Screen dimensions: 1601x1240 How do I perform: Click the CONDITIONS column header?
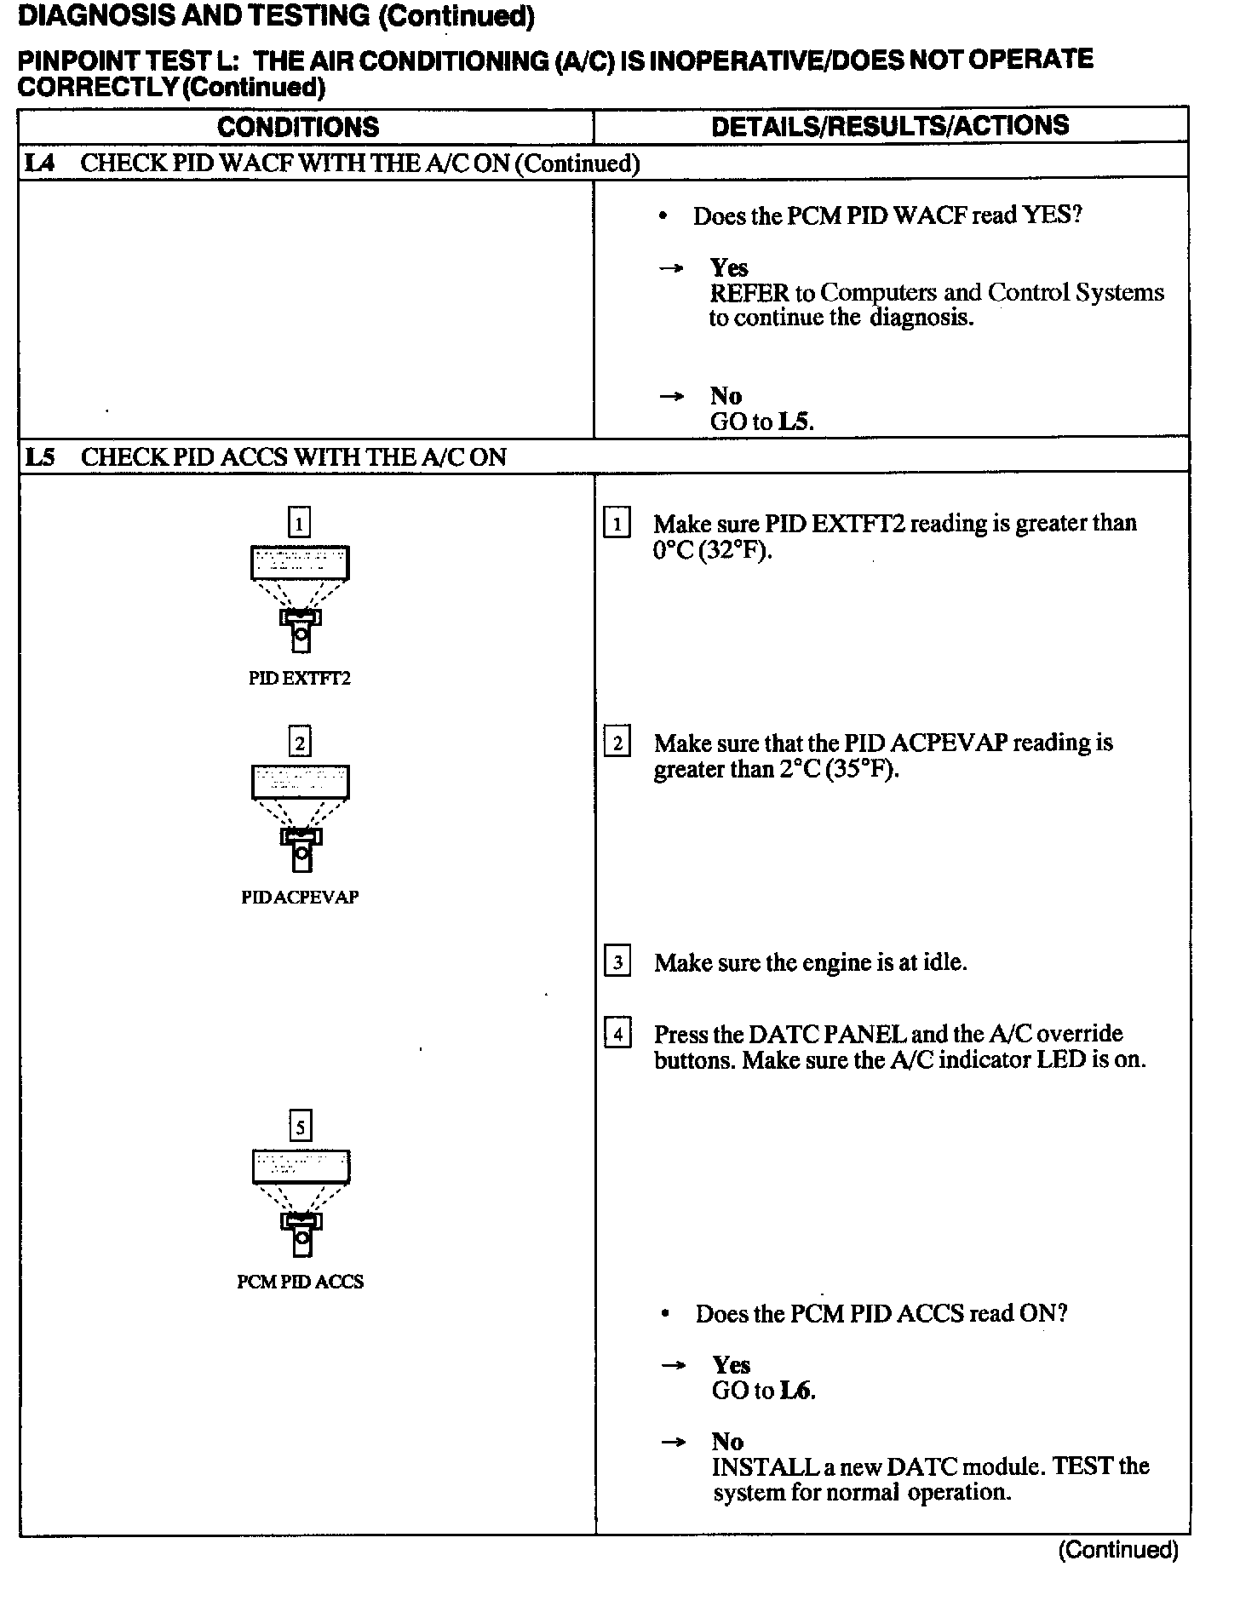pos(298,127)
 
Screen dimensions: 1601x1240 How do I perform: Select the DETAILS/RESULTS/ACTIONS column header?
pos(890,126)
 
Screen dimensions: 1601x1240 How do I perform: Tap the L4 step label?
pos(39,163)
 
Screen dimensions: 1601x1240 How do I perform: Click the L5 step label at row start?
pos(40,457)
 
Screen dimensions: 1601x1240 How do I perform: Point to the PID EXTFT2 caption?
pos(300,679)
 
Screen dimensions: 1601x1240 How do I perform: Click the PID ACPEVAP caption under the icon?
pos(300,898)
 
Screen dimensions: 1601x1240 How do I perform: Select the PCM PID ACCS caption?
pos(300,1282)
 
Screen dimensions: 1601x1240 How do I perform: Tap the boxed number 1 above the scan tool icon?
pos(300,522)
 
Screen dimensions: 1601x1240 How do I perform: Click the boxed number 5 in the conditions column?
pos(300,1127)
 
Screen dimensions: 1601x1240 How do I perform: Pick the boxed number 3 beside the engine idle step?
pos(617,962)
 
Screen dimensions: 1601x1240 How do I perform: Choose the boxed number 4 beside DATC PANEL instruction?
pos(617,1035)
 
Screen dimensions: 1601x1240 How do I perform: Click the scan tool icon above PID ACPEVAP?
pos(301,818)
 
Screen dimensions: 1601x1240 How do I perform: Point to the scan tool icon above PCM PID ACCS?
pos(301,1202)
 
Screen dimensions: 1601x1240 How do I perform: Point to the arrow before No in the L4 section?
pos(672,396)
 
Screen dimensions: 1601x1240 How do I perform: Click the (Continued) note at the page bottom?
pos(1118,1550)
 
